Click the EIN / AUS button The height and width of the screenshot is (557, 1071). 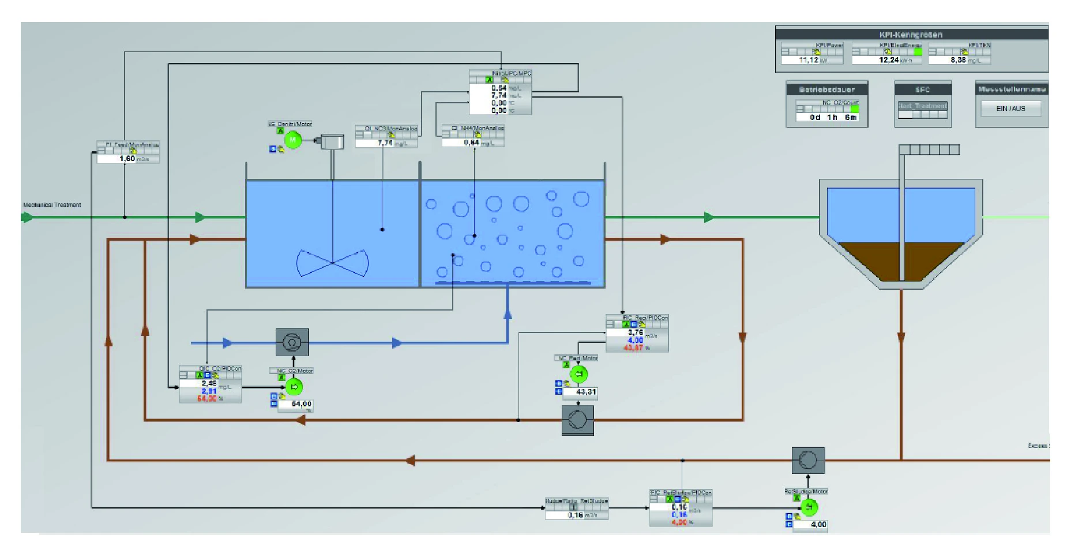1010,109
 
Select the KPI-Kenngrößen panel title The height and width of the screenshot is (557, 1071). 911,35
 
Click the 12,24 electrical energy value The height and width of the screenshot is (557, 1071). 888,60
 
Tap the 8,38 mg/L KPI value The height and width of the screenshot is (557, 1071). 957,60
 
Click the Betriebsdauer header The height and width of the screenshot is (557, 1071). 826,89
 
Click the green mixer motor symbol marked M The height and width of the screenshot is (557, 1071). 293,140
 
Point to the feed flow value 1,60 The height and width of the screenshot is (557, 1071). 126,159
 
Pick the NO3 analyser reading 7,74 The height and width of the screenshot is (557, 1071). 385,143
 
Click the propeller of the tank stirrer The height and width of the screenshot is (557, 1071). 332,263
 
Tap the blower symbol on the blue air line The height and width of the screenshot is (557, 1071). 292,342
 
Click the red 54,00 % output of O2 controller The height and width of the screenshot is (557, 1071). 206,399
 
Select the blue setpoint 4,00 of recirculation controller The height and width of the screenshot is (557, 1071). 635,341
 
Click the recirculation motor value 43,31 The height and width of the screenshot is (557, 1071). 585,392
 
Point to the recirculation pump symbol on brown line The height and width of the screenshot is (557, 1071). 577,420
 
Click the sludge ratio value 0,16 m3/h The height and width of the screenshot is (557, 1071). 575,515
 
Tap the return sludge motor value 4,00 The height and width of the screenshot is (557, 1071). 818,525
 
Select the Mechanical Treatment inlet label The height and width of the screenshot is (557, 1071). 52,205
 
